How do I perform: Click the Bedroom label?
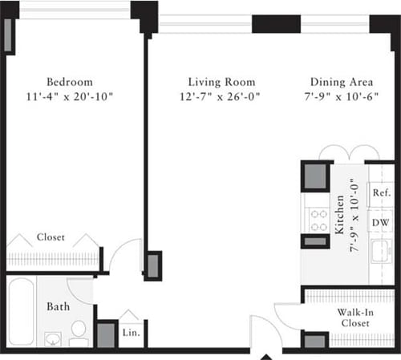[69, 82]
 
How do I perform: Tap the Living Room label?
[221, 82]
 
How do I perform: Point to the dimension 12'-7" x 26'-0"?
[221, 96]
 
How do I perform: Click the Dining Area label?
[339, 82]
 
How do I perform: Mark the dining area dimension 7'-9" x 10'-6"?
[339, 96]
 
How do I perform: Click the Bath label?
[57, 306]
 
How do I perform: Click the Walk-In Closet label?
[352, 316]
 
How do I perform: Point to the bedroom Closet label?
[51, 238]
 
